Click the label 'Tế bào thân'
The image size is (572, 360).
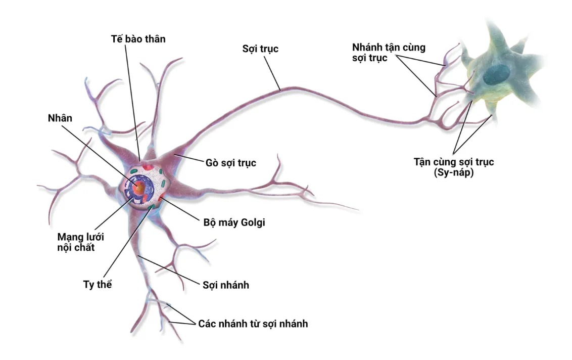point(138,38)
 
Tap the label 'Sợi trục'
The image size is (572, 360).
point(260,49)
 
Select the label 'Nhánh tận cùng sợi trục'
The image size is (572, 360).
point(389,53)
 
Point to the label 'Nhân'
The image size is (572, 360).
point(60,118)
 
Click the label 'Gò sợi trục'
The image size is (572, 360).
point(231,163)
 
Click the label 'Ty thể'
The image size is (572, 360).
point(97,284)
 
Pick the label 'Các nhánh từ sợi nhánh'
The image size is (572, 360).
point(253,324)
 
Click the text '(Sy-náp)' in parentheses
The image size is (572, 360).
point(453,172)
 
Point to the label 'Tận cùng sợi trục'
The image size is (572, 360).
point(453,162)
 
